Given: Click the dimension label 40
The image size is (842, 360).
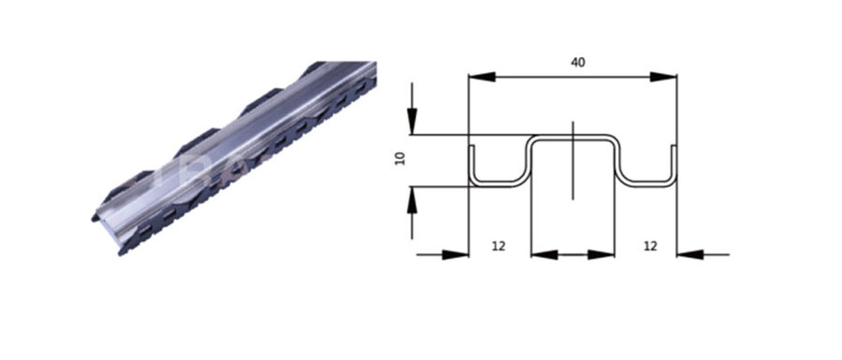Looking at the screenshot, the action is (x=578, y=63).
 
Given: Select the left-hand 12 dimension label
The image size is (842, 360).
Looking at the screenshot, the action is (x=499, y=246).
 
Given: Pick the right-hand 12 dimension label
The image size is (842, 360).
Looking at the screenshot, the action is (x=650, y=246).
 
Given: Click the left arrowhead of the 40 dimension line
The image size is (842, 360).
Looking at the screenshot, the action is (x=482, y=77).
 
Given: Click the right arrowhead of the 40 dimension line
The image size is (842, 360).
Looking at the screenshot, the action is (x=663, y=77).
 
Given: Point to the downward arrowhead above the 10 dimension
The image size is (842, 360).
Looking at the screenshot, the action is (x=412, y=122).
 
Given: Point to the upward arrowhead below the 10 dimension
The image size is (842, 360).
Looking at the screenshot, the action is (x=412, y=199).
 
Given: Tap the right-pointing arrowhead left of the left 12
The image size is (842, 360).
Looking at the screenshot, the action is (x=456, y=255).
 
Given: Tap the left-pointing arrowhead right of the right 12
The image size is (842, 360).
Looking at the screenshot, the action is (x=690, y=255).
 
